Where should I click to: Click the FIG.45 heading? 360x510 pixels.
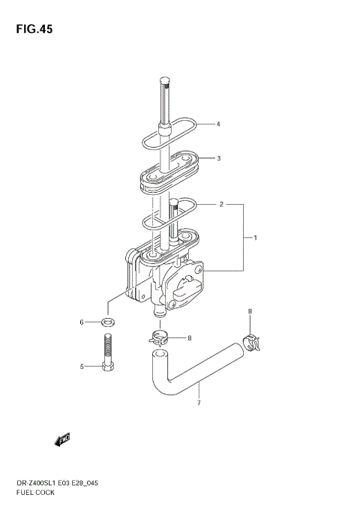tap(34, 29)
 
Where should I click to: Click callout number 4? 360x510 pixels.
tap(218, 124)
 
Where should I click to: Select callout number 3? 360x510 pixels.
tap(219, 158)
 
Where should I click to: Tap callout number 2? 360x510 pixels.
tap(221, 205)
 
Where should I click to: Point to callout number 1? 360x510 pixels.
tap(255, 238)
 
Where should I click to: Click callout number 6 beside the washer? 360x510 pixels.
tap(82, 322)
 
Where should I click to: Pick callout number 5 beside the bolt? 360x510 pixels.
tap(82, 367)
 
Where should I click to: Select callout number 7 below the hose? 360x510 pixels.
tap(199, 403)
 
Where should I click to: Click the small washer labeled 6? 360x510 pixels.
tap(108, 322)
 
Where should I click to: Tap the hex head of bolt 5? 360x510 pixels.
tap(108, 367)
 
